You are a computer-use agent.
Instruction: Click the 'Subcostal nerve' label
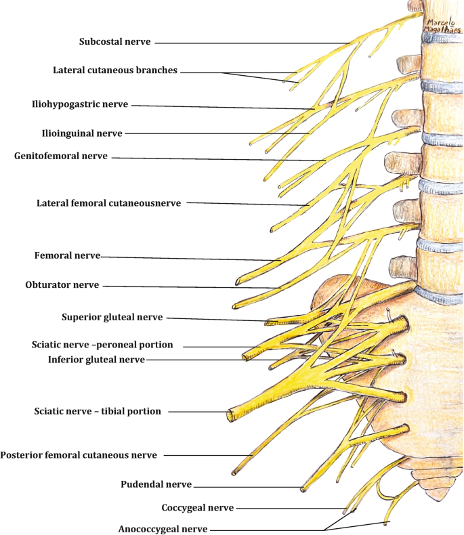pyautogui.click(x=115, y=41)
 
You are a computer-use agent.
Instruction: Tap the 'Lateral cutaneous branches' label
pyautogui.click(x=115, y=70)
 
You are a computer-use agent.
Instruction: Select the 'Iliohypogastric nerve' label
pyautogui.click(x=80, y=104)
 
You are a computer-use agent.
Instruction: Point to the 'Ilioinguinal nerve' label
pyautogui.click(x=82, y=133)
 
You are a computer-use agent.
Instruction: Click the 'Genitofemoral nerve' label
pyautogui.click(x=61, y=156)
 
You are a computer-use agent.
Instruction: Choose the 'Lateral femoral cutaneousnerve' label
pyautogui.click(x=109, y=203)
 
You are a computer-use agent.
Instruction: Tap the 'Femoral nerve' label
pyautogui.click(x=67, y=255)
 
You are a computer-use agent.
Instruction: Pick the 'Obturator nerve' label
pyautogui.click(x=62, y=285)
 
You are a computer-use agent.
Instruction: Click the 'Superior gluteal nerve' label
pyautogui.click(x=112, y=318)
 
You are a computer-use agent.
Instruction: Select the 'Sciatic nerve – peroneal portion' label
pyautogui.click(x=102, y=345)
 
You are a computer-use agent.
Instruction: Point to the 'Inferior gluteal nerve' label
pyautogui.click(x=97, y=360)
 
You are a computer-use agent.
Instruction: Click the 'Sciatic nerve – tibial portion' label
pyautogui.click(x=98, y=411)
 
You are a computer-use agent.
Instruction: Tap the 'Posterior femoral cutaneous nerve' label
pyautogui.click(x=79, y=455)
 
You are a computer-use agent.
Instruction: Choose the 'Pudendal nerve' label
pyautogui.click(x=156, y=484)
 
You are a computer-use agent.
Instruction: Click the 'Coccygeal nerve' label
pyautogui.click(x=198, y=508)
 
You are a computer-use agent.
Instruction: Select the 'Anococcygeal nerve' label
pyautogui.click(x=163, y=529)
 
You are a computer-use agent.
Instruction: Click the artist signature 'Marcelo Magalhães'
pyautogui.click(x=443, y=26)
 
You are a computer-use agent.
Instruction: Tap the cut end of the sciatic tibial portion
pyautogui.click(x=230, y=415)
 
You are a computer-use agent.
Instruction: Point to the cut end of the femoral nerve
pyautogui.click(x=238, y=281)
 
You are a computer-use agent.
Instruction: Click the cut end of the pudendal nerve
pyautogui.click(x=303, y=490)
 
